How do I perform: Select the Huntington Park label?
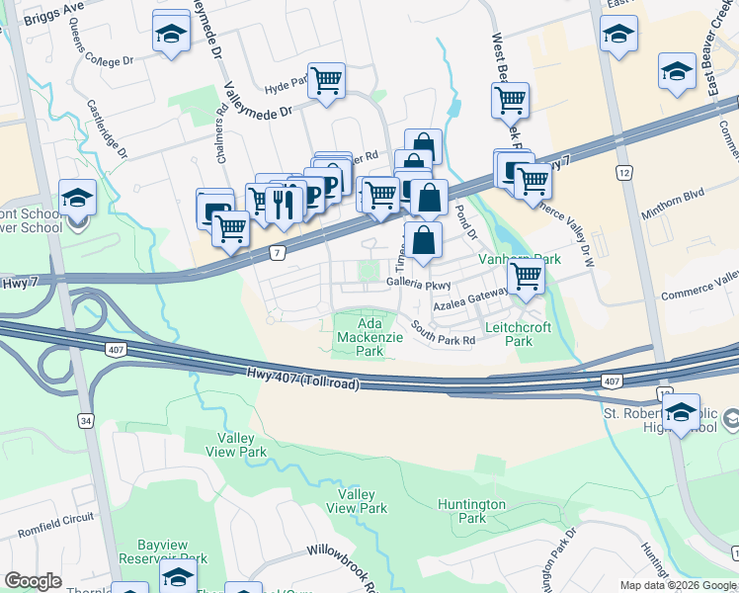pos(472,511)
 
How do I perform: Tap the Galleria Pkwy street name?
pos(418,284)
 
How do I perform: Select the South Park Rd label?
pos(444,334)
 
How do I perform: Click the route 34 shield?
pos(85,422)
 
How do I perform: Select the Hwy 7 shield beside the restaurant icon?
pos(278,254)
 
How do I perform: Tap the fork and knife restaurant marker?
pos(285,204)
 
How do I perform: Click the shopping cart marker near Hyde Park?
pos(326,80)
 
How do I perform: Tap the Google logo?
pos(33,580)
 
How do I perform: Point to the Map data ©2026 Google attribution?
pos(677,585)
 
